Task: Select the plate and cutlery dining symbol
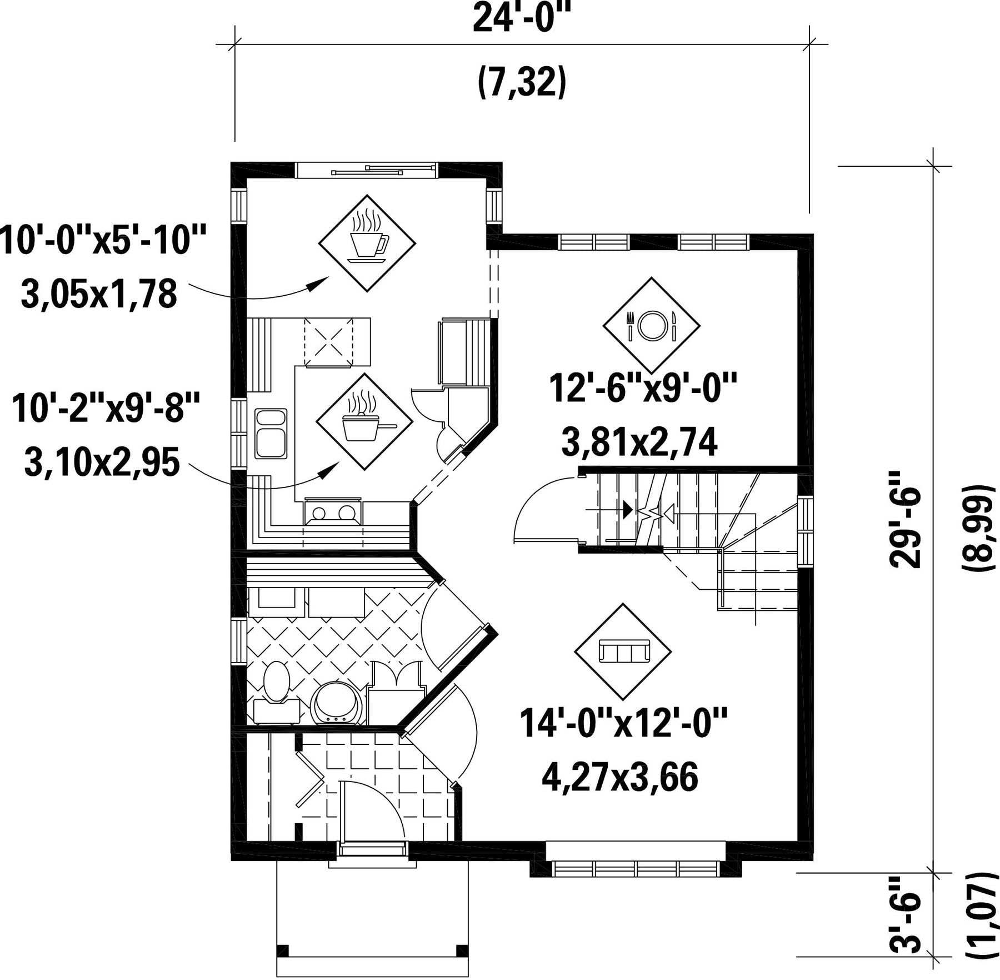(651, 325)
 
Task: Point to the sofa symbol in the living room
(623, 651)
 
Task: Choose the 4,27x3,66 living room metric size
(619, 778)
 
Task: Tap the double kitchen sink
(271, 434)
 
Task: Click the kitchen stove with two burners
(333, 511)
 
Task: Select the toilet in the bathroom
(277, 693)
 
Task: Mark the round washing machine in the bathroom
(337, 703)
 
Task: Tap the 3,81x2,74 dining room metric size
(639, 442)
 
